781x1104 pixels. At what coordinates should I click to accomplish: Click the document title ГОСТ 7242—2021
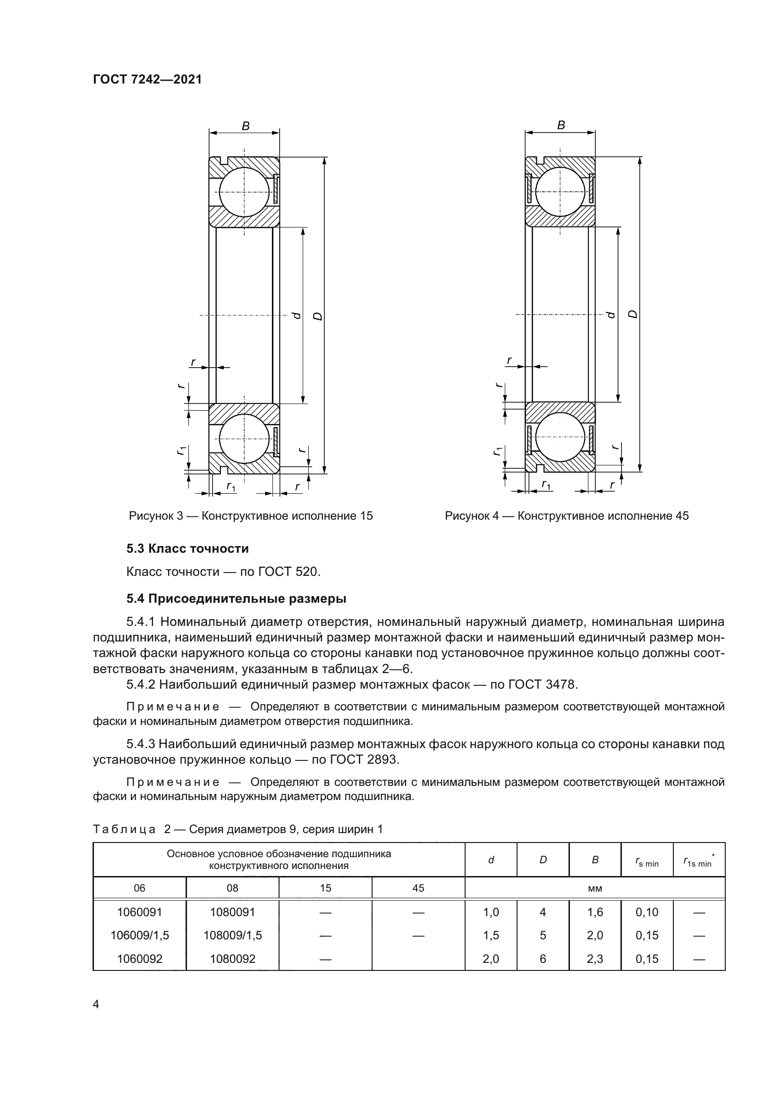coord(147,79)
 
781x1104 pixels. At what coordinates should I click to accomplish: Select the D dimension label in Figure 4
coord(633,314)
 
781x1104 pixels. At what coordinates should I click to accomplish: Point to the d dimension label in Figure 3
coord(297,315)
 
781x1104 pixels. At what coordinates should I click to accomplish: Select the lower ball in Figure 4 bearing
coord(560,438)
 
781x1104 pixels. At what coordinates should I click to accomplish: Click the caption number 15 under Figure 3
coord(366,516)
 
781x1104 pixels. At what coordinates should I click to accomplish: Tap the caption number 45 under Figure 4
coord(682,516)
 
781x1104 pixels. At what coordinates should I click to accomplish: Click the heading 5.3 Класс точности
coord(187,548)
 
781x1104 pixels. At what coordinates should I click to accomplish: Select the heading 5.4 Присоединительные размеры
coord(236,598)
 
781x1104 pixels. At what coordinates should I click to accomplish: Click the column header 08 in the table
coord(232,888)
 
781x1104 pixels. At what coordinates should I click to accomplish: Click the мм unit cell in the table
coord(595,889)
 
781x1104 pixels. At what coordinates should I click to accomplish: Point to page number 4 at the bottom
coord(96,1004)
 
